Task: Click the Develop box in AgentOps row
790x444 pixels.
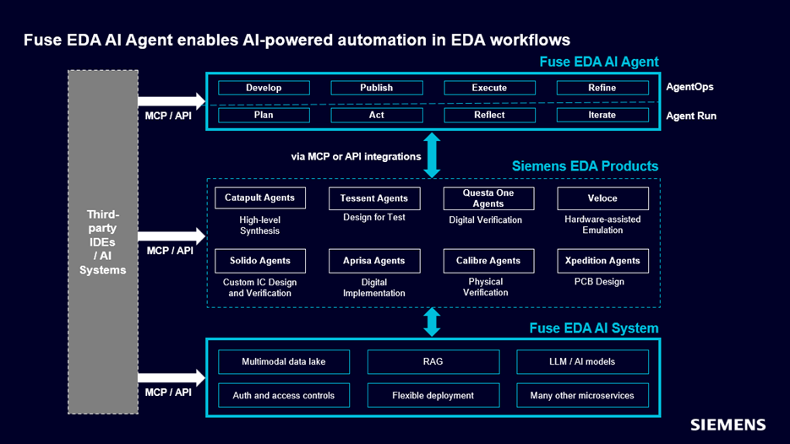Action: click(x=264, y=88)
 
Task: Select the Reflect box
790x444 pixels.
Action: click(x=489, y=115)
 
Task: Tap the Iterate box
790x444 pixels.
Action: click(x=602, y=115)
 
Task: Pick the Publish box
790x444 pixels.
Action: click(x=376, y=88)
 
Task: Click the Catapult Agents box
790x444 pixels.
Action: click(x=260, y=198)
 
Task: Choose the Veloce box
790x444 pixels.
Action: click(x=602, y=198)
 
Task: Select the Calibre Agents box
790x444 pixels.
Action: click(x=488, y=261)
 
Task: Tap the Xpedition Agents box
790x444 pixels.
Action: click(x=602, y=261)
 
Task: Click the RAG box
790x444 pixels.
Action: click(x=433, y=362)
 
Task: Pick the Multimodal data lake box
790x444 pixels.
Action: click(x=284, y=362)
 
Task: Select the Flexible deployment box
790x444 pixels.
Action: click(x=433, y=395)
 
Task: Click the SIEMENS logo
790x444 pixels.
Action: click(x=728, y=425)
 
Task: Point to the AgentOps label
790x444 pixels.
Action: click(x=689, y=87)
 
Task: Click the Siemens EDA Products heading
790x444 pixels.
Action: click(x=585, y=166)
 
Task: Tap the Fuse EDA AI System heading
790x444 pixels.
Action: click(x=594, y=328)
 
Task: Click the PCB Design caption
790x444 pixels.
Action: click(x=599, y=282)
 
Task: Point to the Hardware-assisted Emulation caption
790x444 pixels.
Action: click(x=602, y=225)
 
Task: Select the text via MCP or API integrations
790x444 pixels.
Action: click(x=356, y=156)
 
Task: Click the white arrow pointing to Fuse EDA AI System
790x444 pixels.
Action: click(x=172, y=378)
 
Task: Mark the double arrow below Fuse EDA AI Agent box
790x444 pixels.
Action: click(x=432, y=155)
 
